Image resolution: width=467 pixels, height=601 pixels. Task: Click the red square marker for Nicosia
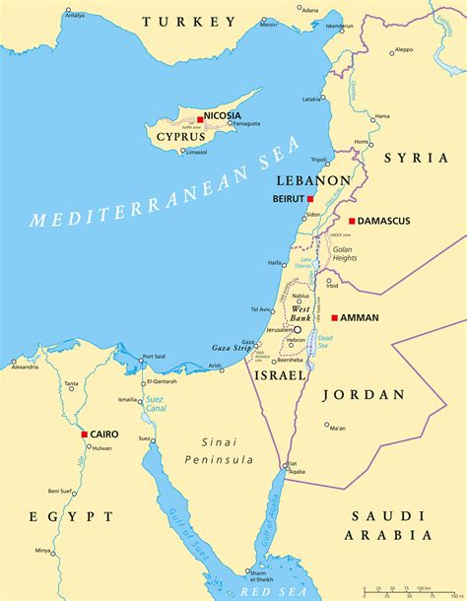[x=200, y=118]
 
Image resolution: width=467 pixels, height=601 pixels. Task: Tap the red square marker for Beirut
[x=310, y=198]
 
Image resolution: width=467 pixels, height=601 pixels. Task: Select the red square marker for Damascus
[x=352, y=221]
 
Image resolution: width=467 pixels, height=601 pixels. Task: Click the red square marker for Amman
[x=335, y=317]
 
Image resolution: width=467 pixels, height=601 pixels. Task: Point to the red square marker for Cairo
[x=86, y=434]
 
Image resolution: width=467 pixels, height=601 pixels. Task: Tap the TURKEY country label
[x=189, y=21]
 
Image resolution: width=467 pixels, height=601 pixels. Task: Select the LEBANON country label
[x=314, y=181]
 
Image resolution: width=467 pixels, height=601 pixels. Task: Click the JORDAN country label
[x=364, y=394]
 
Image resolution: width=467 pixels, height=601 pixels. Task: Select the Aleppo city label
[x=403, y=49]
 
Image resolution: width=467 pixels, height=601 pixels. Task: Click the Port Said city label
[x=154, y=357]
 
